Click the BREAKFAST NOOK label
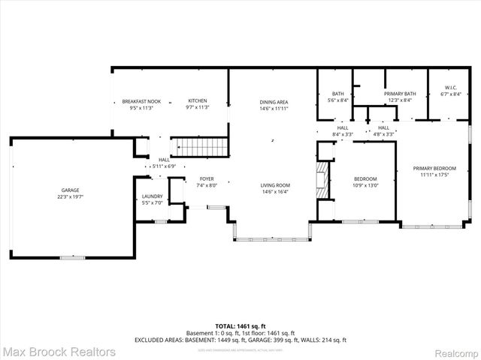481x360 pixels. (x=142, y=101)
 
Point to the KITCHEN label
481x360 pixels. (x=197, y=101)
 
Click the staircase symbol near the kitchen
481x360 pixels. (x=200, y=146)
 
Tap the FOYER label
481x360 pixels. (x=207, y=178)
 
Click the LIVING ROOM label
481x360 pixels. (x=275, y=185)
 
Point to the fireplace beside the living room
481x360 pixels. (x=323, y=181)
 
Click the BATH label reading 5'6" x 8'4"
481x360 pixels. (x=337, y=94)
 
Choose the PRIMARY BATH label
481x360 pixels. (x=398, y=94)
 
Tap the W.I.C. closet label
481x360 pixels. (x=451, y=88)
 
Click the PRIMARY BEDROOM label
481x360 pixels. (x=434, y=168)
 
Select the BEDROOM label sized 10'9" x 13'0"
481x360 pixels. (x=365, y=178)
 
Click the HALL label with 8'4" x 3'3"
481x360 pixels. (x=343, y=127)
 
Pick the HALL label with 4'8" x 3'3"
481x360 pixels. (x=383, y=127)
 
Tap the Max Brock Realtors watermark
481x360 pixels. (x=59, y=351)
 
